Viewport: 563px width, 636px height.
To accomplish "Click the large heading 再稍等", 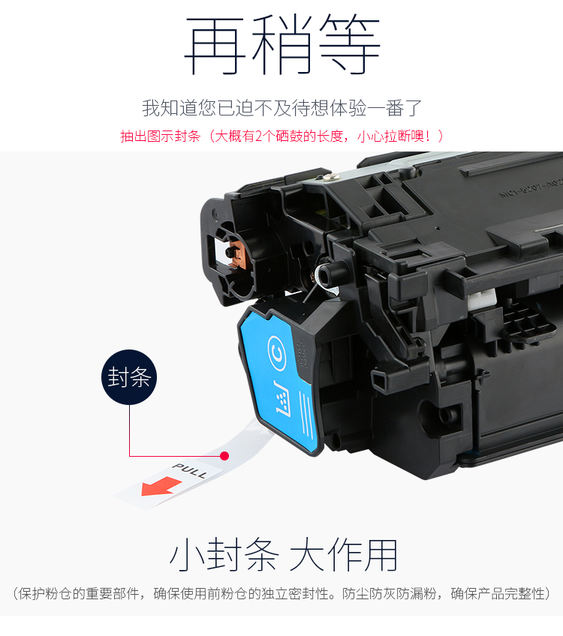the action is (282, 44).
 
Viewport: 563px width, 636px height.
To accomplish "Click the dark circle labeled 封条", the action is (129, 377).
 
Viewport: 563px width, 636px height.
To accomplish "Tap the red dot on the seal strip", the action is (224, 456).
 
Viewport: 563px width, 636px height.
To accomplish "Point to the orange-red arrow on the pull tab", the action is (161, 486).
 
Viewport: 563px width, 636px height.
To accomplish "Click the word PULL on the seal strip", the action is (190, 470).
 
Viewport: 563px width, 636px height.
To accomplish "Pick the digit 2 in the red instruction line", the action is (258, 136).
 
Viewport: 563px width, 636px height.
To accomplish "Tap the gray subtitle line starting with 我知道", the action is (282, 108).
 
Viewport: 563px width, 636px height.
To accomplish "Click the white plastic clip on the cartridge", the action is (482, 299).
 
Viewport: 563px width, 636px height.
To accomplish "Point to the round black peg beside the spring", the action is (330, 274).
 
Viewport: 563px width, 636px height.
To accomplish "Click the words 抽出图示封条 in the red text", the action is (161, 136).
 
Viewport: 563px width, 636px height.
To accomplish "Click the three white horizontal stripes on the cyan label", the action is (306, 415).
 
